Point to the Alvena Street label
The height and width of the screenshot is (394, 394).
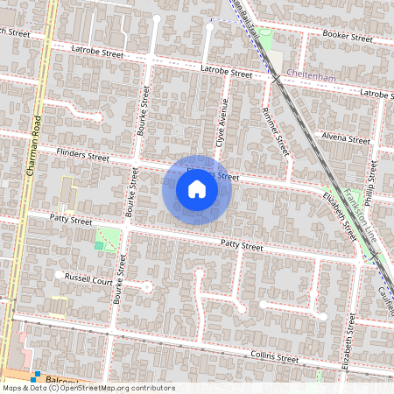coord(347,138)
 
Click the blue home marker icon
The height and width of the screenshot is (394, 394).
coord(196,188)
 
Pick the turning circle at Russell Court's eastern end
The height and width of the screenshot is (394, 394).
coord(147,286)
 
